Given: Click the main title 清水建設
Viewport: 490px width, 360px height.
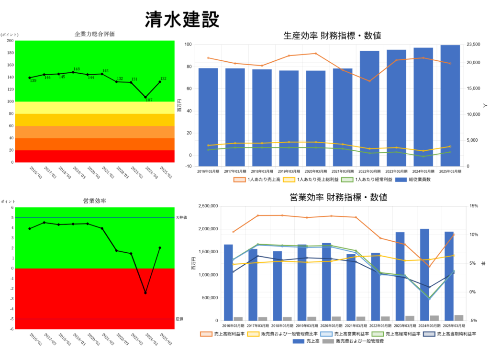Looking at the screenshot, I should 182,20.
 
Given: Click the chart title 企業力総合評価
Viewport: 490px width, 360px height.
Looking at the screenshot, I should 95,34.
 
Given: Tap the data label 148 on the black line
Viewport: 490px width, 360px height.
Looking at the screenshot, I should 77,69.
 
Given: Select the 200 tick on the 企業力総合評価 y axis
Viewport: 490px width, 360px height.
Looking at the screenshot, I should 11,41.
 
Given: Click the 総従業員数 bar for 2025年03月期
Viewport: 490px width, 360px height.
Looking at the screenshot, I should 450,105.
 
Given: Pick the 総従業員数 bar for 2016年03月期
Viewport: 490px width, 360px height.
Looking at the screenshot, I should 208,117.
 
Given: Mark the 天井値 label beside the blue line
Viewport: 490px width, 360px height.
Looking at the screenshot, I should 180,218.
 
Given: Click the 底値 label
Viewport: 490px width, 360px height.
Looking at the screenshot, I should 179,319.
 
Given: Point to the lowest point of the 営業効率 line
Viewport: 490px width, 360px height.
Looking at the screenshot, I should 145,292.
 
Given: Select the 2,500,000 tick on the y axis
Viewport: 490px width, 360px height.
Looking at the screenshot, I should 205,206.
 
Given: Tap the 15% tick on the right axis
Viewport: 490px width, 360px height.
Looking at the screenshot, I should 473,206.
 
